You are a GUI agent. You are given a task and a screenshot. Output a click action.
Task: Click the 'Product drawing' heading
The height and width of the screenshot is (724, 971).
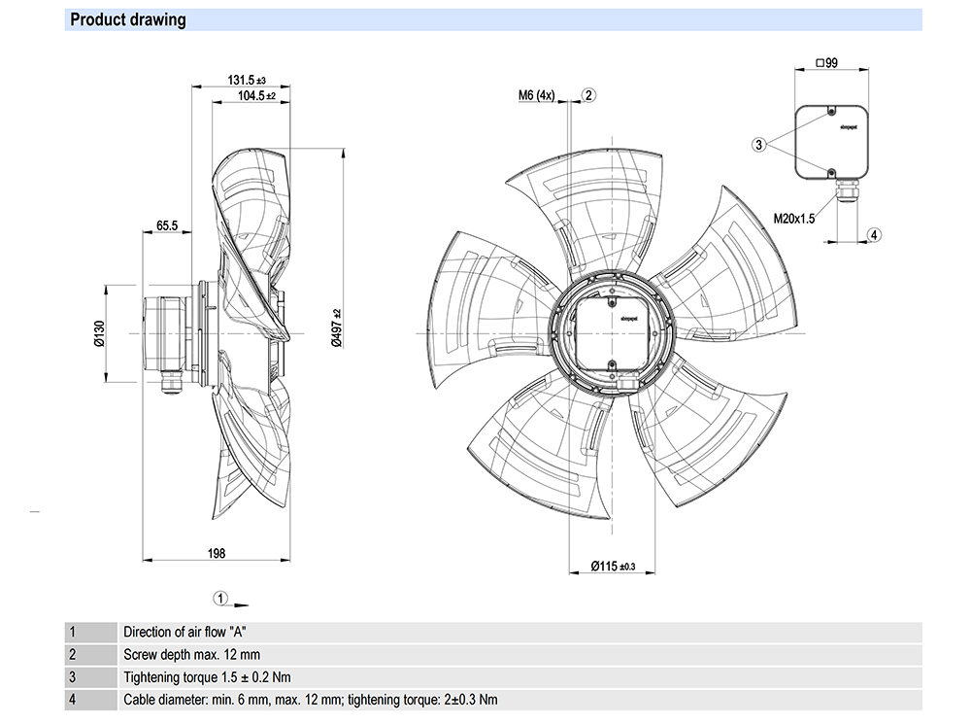point(127,19)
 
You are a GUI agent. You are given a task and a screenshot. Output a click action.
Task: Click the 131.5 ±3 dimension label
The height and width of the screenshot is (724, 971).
point(247,80)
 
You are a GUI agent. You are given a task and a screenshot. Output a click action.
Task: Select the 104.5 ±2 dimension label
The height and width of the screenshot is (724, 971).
point(256,96)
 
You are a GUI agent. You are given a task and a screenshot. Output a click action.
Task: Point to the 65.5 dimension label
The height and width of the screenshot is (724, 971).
point(167,225)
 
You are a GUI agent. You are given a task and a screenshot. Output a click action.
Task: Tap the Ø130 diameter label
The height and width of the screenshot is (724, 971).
point(99,333)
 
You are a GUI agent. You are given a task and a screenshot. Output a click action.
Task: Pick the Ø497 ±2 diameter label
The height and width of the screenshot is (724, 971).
point(336,328)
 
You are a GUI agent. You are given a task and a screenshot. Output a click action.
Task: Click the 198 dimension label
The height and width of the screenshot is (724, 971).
point(217,553)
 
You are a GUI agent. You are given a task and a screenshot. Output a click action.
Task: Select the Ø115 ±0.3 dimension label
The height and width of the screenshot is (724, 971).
point(613,566)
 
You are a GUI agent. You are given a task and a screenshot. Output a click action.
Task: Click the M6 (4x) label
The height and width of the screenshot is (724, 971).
point(536,95)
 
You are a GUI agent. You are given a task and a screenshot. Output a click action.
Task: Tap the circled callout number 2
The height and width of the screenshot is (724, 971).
point(589,95)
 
